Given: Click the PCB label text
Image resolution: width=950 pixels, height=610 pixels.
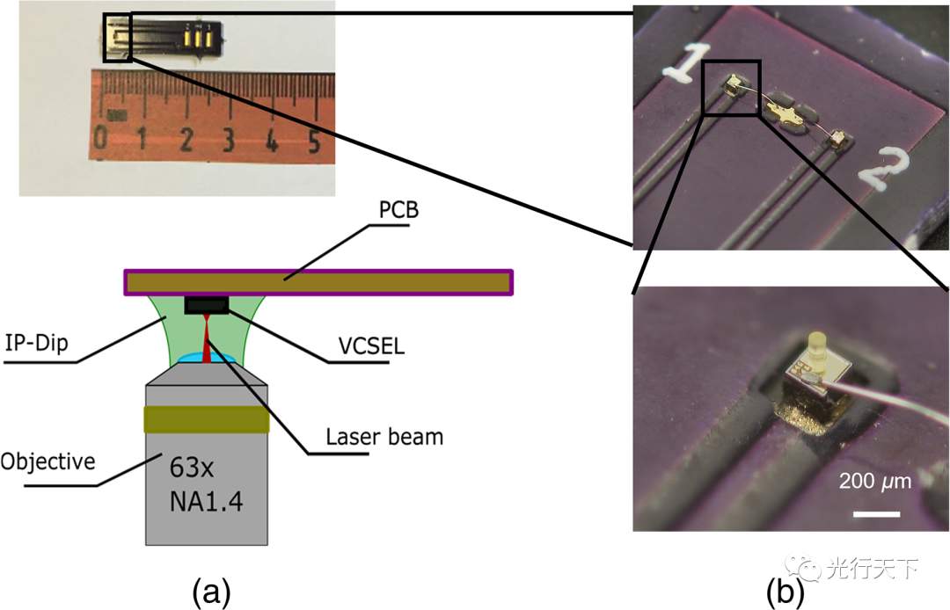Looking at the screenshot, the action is [x=398, y=210].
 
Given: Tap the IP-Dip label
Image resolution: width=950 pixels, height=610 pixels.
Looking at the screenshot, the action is [x=36, y=343].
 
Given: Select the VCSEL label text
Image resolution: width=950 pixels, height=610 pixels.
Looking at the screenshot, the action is [x=371, y=345].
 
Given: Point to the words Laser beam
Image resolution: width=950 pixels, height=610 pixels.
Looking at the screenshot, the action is [x=384, y=436].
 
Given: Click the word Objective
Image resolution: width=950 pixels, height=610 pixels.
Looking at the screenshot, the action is [x=47, y=461].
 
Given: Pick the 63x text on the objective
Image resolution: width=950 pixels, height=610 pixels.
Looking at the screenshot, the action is [x=192, y=468].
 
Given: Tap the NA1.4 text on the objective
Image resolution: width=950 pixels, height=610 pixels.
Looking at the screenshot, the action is [x=206, y=502].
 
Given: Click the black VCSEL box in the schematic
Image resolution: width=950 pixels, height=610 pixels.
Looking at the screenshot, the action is [x=207, y=305].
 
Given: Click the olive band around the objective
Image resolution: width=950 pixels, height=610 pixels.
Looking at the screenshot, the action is [x=206, y=419].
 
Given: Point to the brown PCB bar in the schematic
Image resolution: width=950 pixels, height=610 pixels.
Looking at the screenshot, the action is [x=318, y=283].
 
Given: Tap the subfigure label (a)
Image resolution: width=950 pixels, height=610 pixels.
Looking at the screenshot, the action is [x=211, y=592].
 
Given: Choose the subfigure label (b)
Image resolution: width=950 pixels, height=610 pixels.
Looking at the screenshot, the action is [x=786, y=592].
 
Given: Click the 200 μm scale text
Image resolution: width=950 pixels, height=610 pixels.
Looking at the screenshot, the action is [x=875, y=481].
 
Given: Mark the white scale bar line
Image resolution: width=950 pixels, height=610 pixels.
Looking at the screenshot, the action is [x=877, y=514].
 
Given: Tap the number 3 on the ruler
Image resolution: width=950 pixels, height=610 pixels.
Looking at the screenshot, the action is [x=228, y=139].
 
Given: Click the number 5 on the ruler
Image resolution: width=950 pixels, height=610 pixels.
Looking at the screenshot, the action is [x=313, y=142].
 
